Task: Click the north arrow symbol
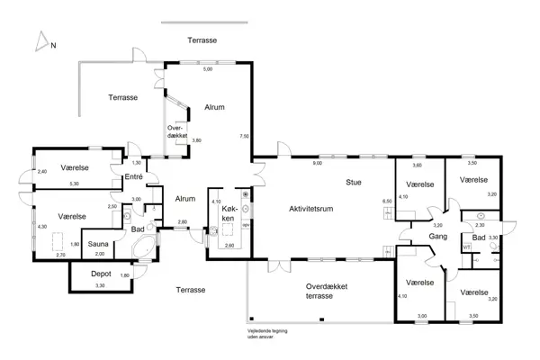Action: (40, 41)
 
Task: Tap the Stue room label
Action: (353, 182)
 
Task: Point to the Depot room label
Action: (101, 274)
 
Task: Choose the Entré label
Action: (133, 177)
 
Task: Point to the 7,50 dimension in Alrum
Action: (243, 136)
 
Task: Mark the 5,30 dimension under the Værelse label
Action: (75, 184)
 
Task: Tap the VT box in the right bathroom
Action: (466, 246)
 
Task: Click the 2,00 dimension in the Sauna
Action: (99, 254)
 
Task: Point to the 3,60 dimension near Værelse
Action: (417, 166)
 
